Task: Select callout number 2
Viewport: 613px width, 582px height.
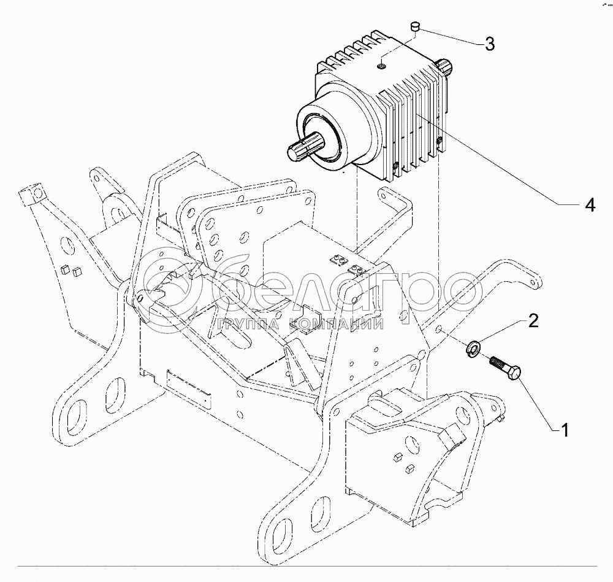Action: pyautogui.click(x=533, y=320)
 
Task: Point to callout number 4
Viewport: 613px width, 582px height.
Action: pyautogui.click(x=589, y=206)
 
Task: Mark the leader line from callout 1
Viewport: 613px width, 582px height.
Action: pyautogui.click(x=538, y=403)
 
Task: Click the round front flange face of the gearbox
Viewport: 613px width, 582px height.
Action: pyautogui.click(x=325, y=138)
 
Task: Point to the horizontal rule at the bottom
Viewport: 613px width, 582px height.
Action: pyautogui.click(x=306, y=564)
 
